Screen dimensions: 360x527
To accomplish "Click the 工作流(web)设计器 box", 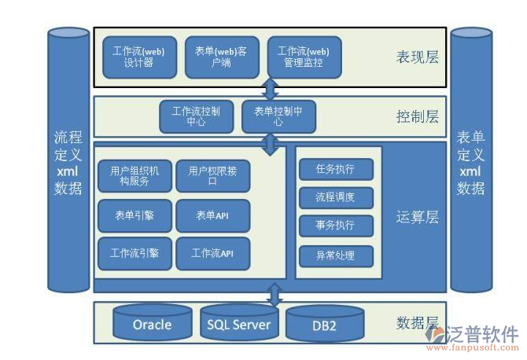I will (139, 57).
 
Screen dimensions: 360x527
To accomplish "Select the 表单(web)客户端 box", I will (221, 57).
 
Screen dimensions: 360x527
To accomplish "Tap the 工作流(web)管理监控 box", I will (304, 57).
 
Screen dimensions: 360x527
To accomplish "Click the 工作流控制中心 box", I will (197, 116).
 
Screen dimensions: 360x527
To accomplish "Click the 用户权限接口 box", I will (212, 176).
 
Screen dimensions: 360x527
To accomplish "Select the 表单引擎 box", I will (135, 215).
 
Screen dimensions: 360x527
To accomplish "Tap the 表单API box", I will (212, 215).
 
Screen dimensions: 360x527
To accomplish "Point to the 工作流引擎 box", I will (135, 253).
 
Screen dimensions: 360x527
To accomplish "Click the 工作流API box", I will (212, 253).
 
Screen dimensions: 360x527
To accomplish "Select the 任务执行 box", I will (336, 169).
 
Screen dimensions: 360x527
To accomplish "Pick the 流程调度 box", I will (336, 197).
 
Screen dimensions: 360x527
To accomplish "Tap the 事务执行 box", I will (336, 226).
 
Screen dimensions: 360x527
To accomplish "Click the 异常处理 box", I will (336, 255).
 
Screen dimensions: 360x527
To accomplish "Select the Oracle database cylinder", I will (152, 323).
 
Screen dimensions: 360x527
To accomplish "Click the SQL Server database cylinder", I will (238, 322).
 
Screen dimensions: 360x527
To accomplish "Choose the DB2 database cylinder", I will (323, 325).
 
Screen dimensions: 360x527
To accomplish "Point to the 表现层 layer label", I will (418, 57).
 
